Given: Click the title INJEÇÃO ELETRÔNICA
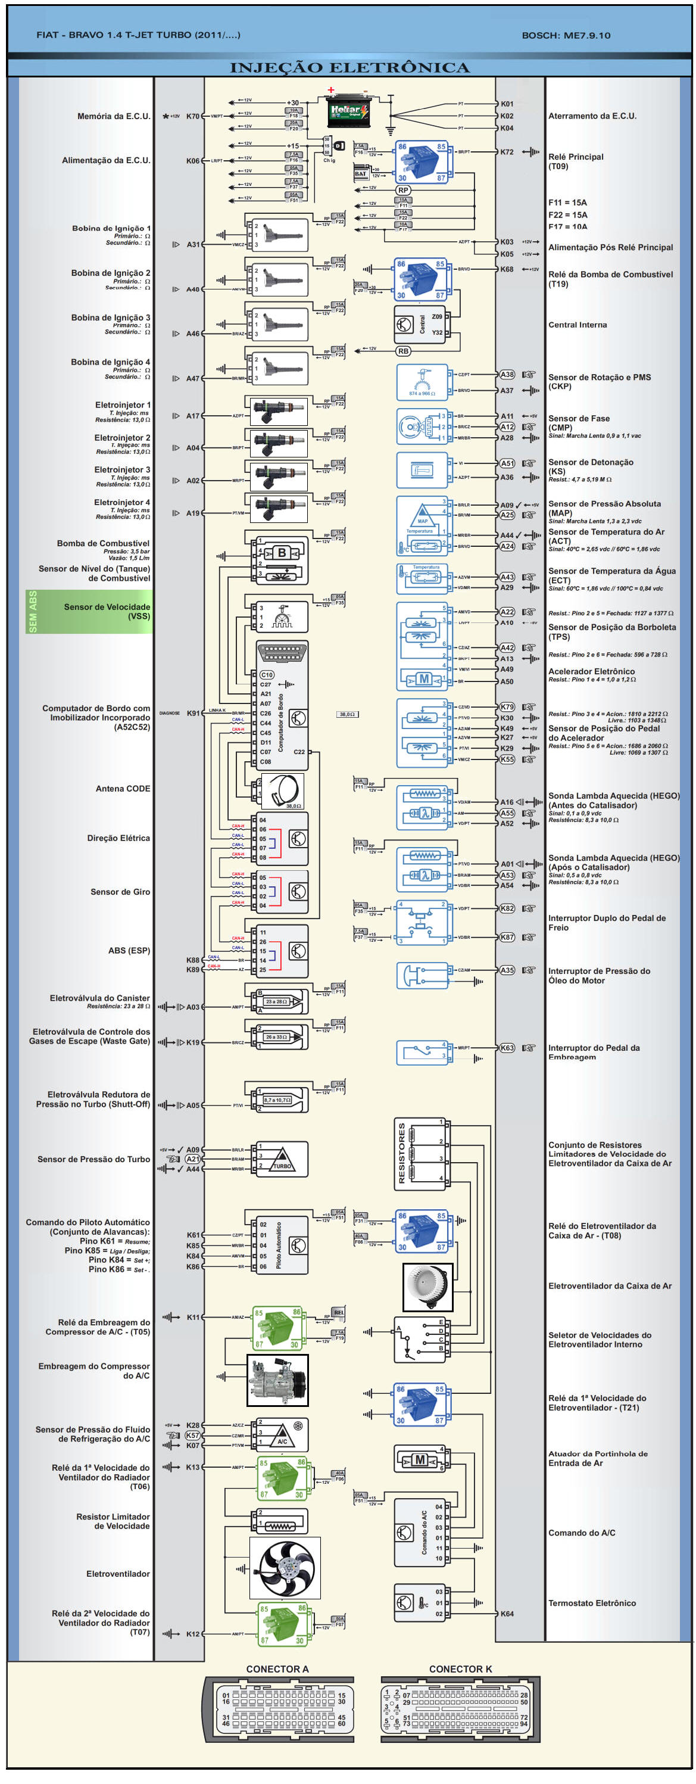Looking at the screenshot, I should coord(349,68).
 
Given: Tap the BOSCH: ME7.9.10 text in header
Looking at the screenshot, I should coord(566,35).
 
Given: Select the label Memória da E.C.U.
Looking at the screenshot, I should coord(114,116).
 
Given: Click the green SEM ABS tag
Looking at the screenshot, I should coord(33,611).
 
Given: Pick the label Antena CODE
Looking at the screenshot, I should coord(123,788).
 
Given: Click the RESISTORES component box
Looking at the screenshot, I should coord(420,1153).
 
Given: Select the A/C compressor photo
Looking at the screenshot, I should coord(277,1380).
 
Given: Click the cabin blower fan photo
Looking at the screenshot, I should coord(427,1286).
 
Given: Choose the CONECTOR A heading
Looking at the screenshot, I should coord(277,1669).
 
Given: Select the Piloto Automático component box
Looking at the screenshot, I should coord(283,1244).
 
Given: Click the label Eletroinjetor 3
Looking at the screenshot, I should coord(122,469).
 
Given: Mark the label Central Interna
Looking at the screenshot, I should coord(577,325).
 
